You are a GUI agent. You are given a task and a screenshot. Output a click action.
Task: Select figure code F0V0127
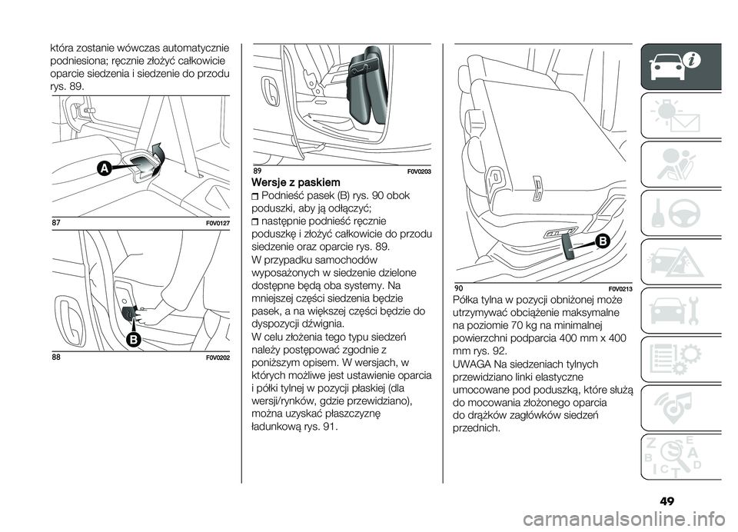pyautogui.click(x=216, y=224)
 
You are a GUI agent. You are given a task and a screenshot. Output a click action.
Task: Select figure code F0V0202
pyautogui.click(x=216, y=357)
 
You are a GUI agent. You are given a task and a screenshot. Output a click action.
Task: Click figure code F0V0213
pyautogui.click(x=617, y=288)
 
